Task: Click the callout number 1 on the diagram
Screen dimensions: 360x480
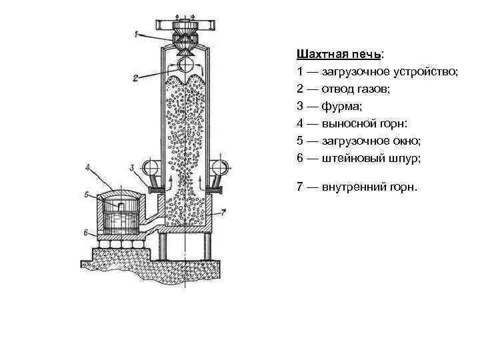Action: click(x=137, y=33)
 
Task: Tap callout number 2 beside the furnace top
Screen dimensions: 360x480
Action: click(x=136, y=78)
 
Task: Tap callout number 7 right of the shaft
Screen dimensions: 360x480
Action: click(x=224, y=212)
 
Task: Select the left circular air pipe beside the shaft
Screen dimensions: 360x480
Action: click(x=149, y=167)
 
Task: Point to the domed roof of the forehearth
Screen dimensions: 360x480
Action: click(x=120, y=194)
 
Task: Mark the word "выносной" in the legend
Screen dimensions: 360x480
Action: click(x=351, y=123)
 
